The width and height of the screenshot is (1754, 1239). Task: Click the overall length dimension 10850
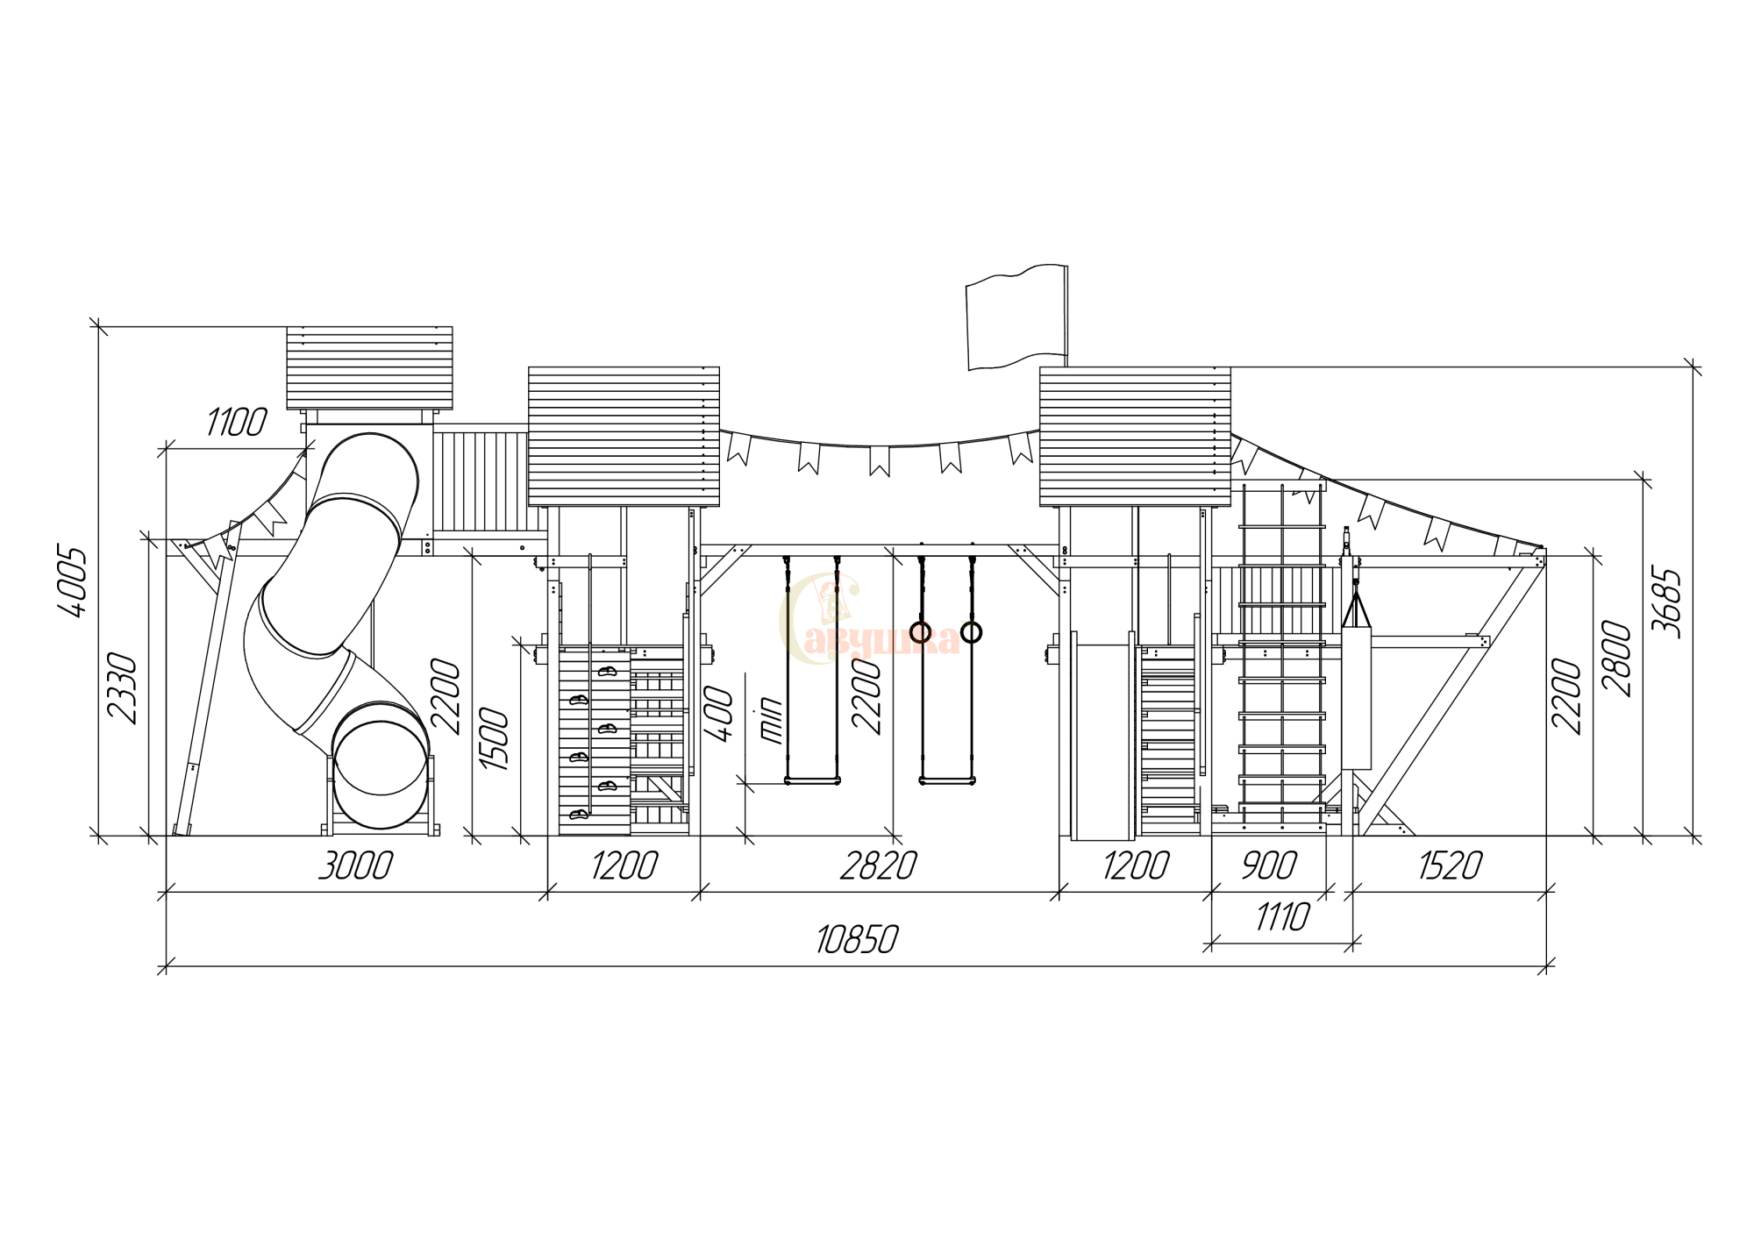point(857,940)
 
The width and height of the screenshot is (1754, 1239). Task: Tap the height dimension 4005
point(73,582)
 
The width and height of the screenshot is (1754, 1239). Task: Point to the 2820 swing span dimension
point(879,866)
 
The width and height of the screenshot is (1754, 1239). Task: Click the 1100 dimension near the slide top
point(236,422)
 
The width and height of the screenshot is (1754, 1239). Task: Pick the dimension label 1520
point(1451,866)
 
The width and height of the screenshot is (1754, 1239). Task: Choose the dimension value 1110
point(1282,917)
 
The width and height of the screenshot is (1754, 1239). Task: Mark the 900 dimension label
point(1269,866)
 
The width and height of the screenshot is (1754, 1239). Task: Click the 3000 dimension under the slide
point(355,866)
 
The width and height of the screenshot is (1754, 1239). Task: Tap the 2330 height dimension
point(122,688)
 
